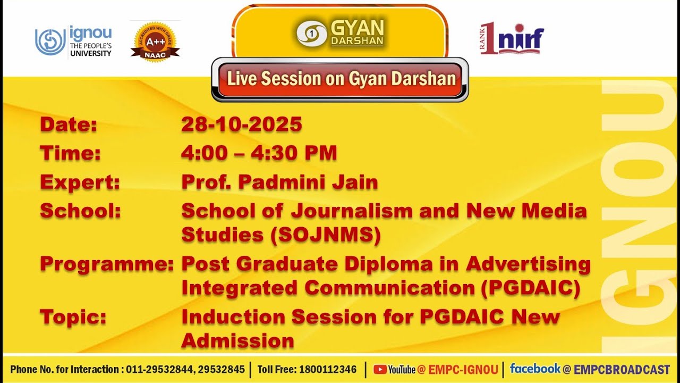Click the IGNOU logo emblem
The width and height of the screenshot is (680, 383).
tap(50, 41)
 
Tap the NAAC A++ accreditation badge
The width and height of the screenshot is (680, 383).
tap(155, 41)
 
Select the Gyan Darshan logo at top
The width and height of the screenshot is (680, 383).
tap(340, 33)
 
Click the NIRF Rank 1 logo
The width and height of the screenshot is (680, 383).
tap(512, 39)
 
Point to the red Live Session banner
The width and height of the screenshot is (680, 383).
tap(340, 79)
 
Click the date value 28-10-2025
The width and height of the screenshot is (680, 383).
tap(241, 124)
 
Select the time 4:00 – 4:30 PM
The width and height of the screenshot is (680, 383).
tap(259, 153)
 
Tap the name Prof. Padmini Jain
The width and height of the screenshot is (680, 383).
tap(279, 182)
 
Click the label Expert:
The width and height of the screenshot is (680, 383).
tap(80, 182)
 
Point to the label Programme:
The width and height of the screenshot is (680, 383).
tap(107, 264)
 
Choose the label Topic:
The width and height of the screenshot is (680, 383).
tap(73, 317)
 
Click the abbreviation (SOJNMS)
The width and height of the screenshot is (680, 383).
tap(325, 235)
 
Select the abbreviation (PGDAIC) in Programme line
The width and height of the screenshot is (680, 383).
tap(530, 288)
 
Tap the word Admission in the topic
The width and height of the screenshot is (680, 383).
tap(237, 340)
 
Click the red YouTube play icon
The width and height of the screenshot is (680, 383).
tap(380, 369)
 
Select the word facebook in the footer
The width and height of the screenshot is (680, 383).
tap(535, 368)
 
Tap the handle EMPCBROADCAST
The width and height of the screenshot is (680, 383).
tap(622, 369)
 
